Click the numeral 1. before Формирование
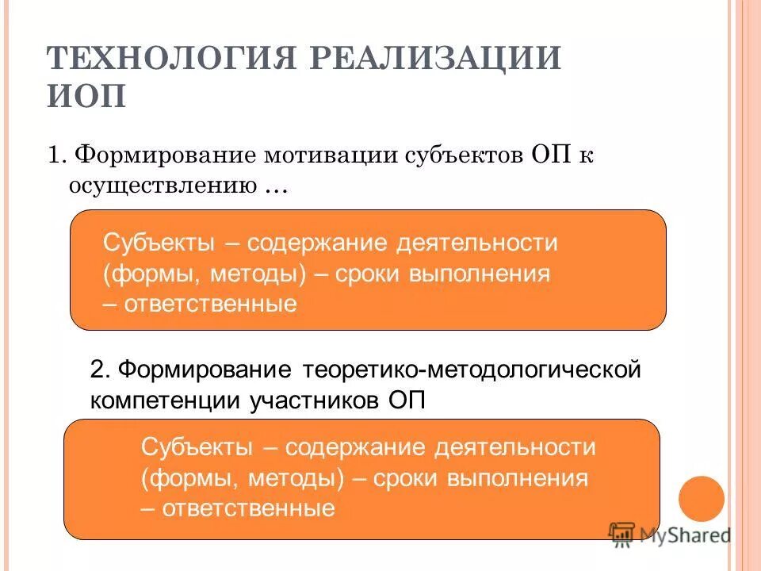(x=57, y=154)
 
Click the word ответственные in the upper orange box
(x=210, y=304)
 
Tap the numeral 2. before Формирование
(x=101, y=370)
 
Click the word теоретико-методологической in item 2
(x=471, y=370)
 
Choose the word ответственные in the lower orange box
(x=248, y=508)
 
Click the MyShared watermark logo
(x=670, y=534)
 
